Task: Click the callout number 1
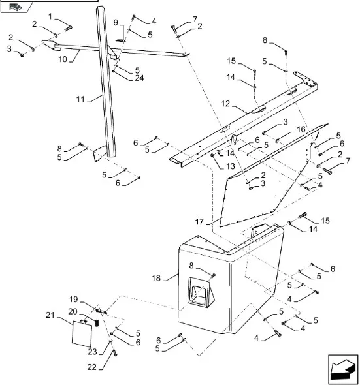click(x=50, y=17)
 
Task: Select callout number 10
click(x=63, y=59)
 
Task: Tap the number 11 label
click(x=80, y=99)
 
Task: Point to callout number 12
click(x=225, y=104)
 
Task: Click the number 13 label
click(x=231, y=166)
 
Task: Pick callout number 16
click(x=301, y=129)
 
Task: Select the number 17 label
click(x=199, y=222)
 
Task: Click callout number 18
click(x=156, y=278)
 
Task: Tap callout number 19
click(x=74, y=300)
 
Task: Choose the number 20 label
click(x=73, y=311)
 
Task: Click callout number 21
click(x=50, y=315)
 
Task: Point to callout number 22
click(x=92, y=367)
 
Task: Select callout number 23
click(x=93, y=352)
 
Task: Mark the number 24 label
click(x=139, y=78)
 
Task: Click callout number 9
click(x=116, y=23)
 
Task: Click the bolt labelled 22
click(x=115, y=353)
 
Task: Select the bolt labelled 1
click(x=68, y=28)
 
